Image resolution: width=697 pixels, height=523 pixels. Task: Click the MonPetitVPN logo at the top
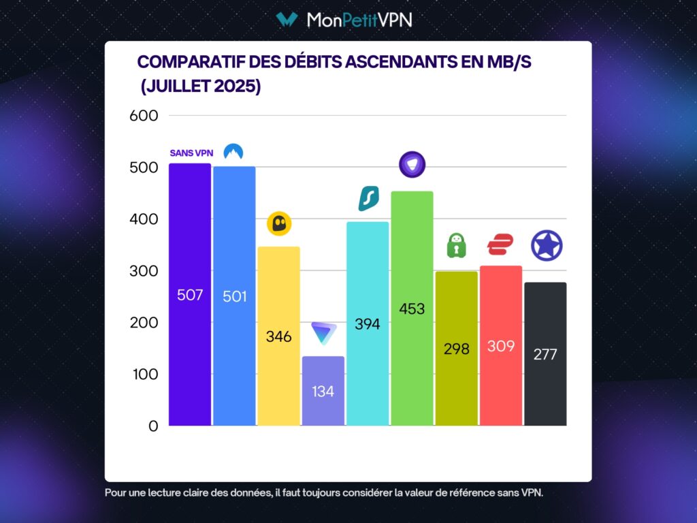[x=344, y=20]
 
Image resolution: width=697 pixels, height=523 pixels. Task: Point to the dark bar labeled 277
[x=545, y=354]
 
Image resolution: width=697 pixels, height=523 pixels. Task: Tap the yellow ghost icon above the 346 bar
[x=279, y=223]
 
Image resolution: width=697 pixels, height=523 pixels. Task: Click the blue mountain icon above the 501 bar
[x=233, y=152]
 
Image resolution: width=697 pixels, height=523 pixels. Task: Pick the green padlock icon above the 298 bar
[x=457, y=246]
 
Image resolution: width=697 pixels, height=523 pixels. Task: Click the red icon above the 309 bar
[x=500, y=244]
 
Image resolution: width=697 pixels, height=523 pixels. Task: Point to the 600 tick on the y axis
[x=144, y=116]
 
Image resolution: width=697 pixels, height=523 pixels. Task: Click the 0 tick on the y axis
[x=152, y=426]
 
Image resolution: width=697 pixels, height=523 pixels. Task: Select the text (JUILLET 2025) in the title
[x=201, y=87]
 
